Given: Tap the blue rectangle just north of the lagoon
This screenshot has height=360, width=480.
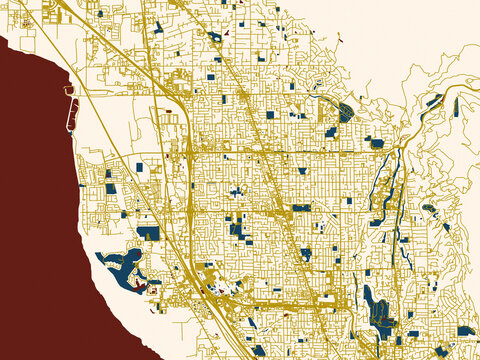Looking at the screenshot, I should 148,232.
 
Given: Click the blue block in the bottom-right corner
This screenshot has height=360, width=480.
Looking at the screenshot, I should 466,330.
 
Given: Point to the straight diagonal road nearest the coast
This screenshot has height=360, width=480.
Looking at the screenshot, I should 130,180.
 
